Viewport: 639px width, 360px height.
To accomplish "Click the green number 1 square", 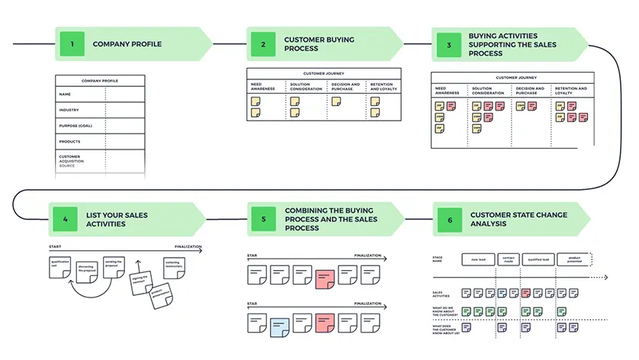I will [72, 44].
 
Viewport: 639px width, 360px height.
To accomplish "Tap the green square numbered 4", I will [66, 220].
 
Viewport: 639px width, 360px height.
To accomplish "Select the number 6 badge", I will [450, 220].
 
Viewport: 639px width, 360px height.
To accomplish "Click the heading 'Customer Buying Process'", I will [313, 43].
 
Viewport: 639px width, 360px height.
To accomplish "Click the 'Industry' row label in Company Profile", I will [69, 110].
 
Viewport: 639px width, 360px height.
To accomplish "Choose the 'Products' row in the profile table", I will [70, 142].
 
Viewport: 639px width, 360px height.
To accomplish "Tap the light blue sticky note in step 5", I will [280, 326].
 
